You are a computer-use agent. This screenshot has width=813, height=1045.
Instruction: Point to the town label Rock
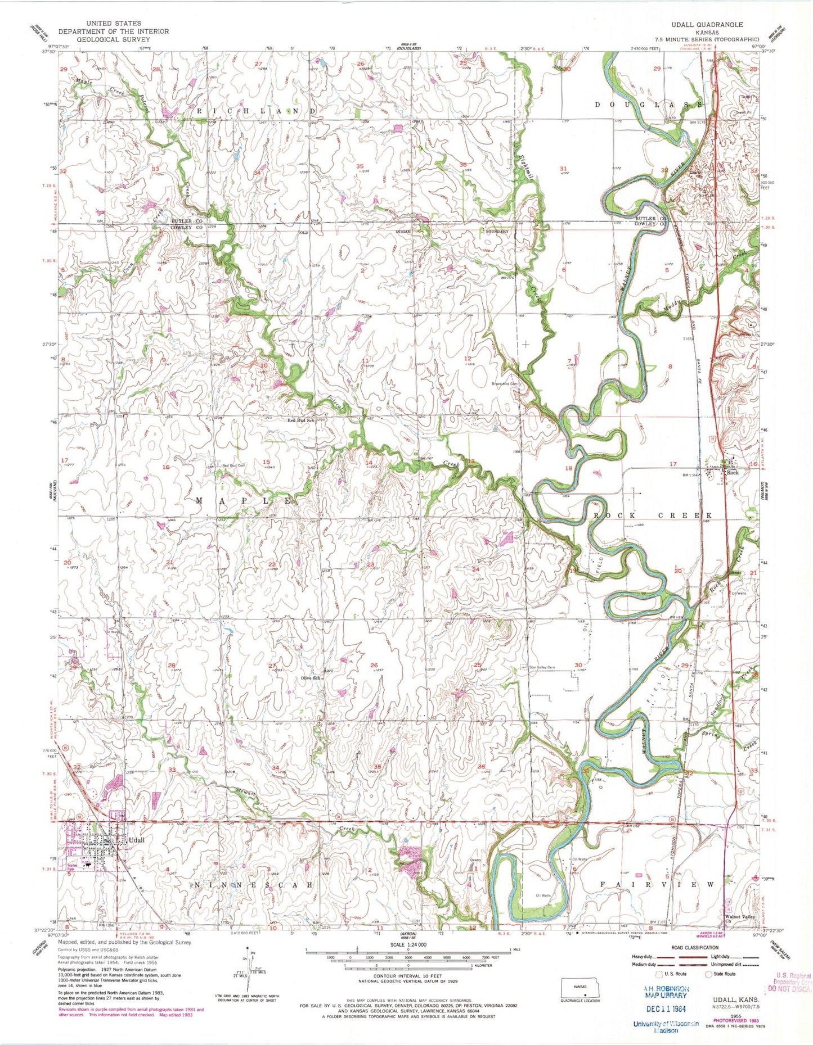coord(731,473)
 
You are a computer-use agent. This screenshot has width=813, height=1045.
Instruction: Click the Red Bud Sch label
coord(300,420)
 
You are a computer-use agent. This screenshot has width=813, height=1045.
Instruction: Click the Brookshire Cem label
coord(504,384)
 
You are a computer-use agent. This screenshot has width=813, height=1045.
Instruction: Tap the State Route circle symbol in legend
coord(709,974)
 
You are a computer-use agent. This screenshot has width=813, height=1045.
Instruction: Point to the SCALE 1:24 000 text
coord(407,944)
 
